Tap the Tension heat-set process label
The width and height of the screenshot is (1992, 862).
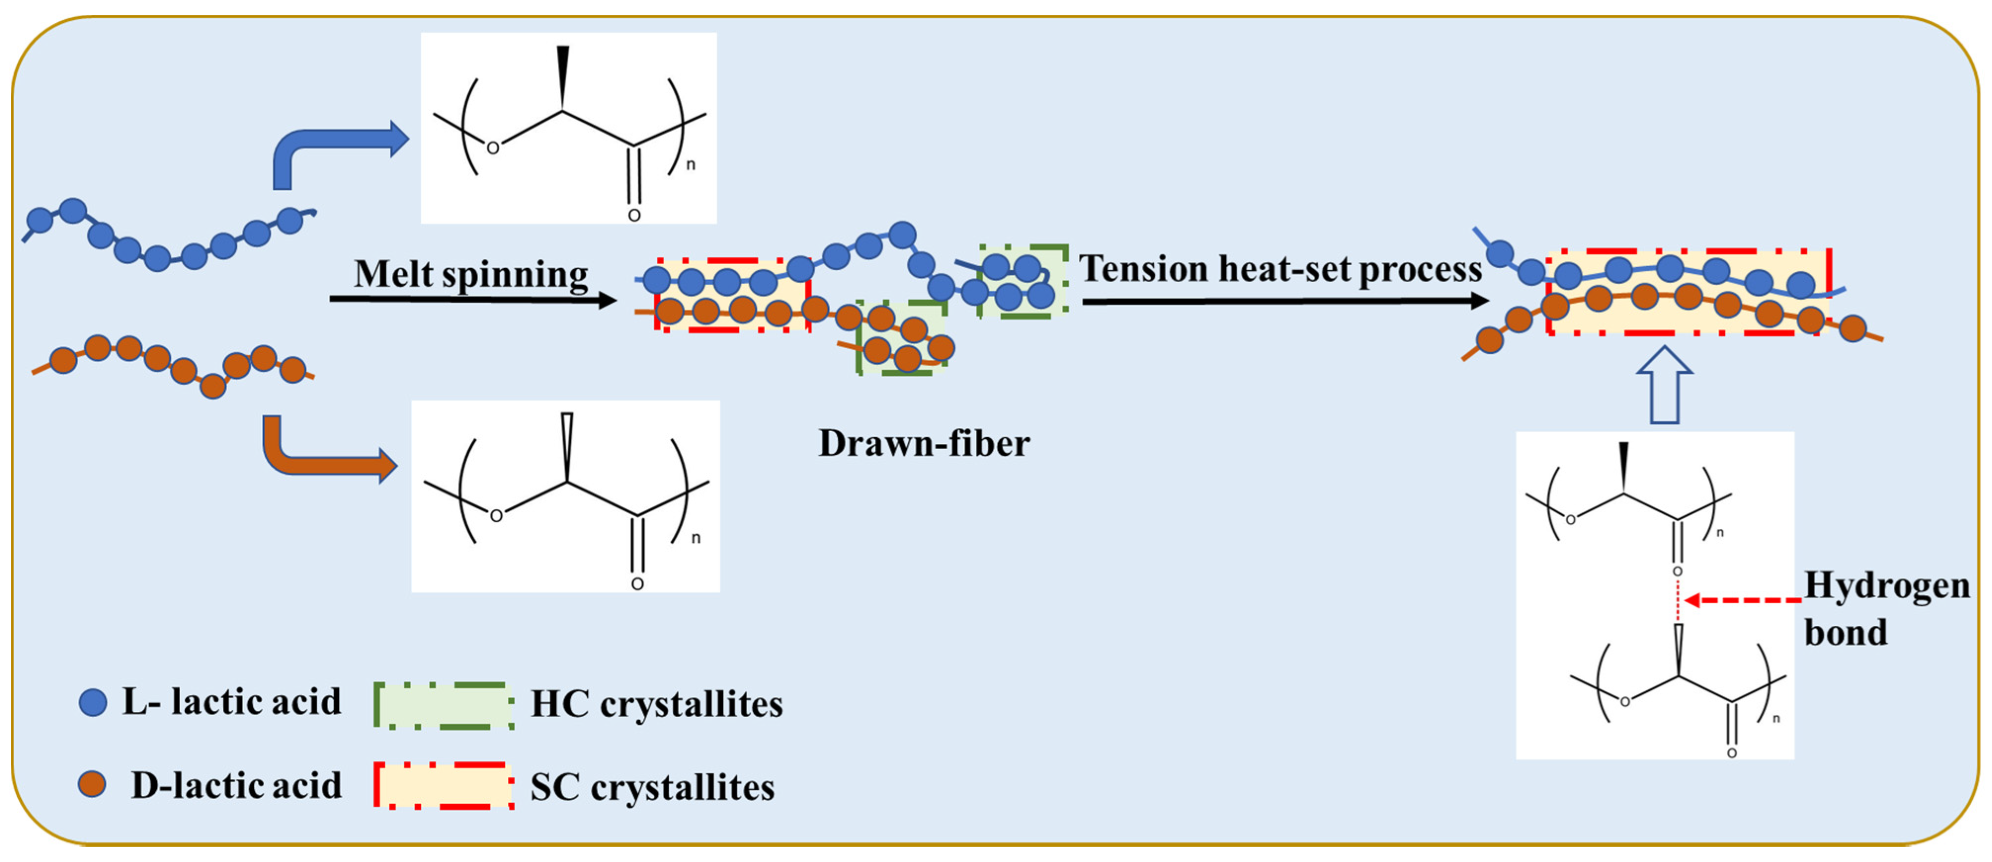click(1280, 269)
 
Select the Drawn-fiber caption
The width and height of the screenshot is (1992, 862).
click(924, 444)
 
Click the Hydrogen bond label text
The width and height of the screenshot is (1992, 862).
click(1886, 609)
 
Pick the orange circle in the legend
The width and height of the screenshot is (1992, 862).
click(92, 784)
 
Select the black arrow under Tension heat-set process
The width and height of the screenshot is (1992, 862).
click(1284, 301)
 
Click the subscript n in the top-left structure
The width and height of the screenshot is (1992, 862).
click(691, 164)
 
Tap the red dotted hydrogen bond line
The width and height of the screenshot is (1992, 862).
click(1677, 601)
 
